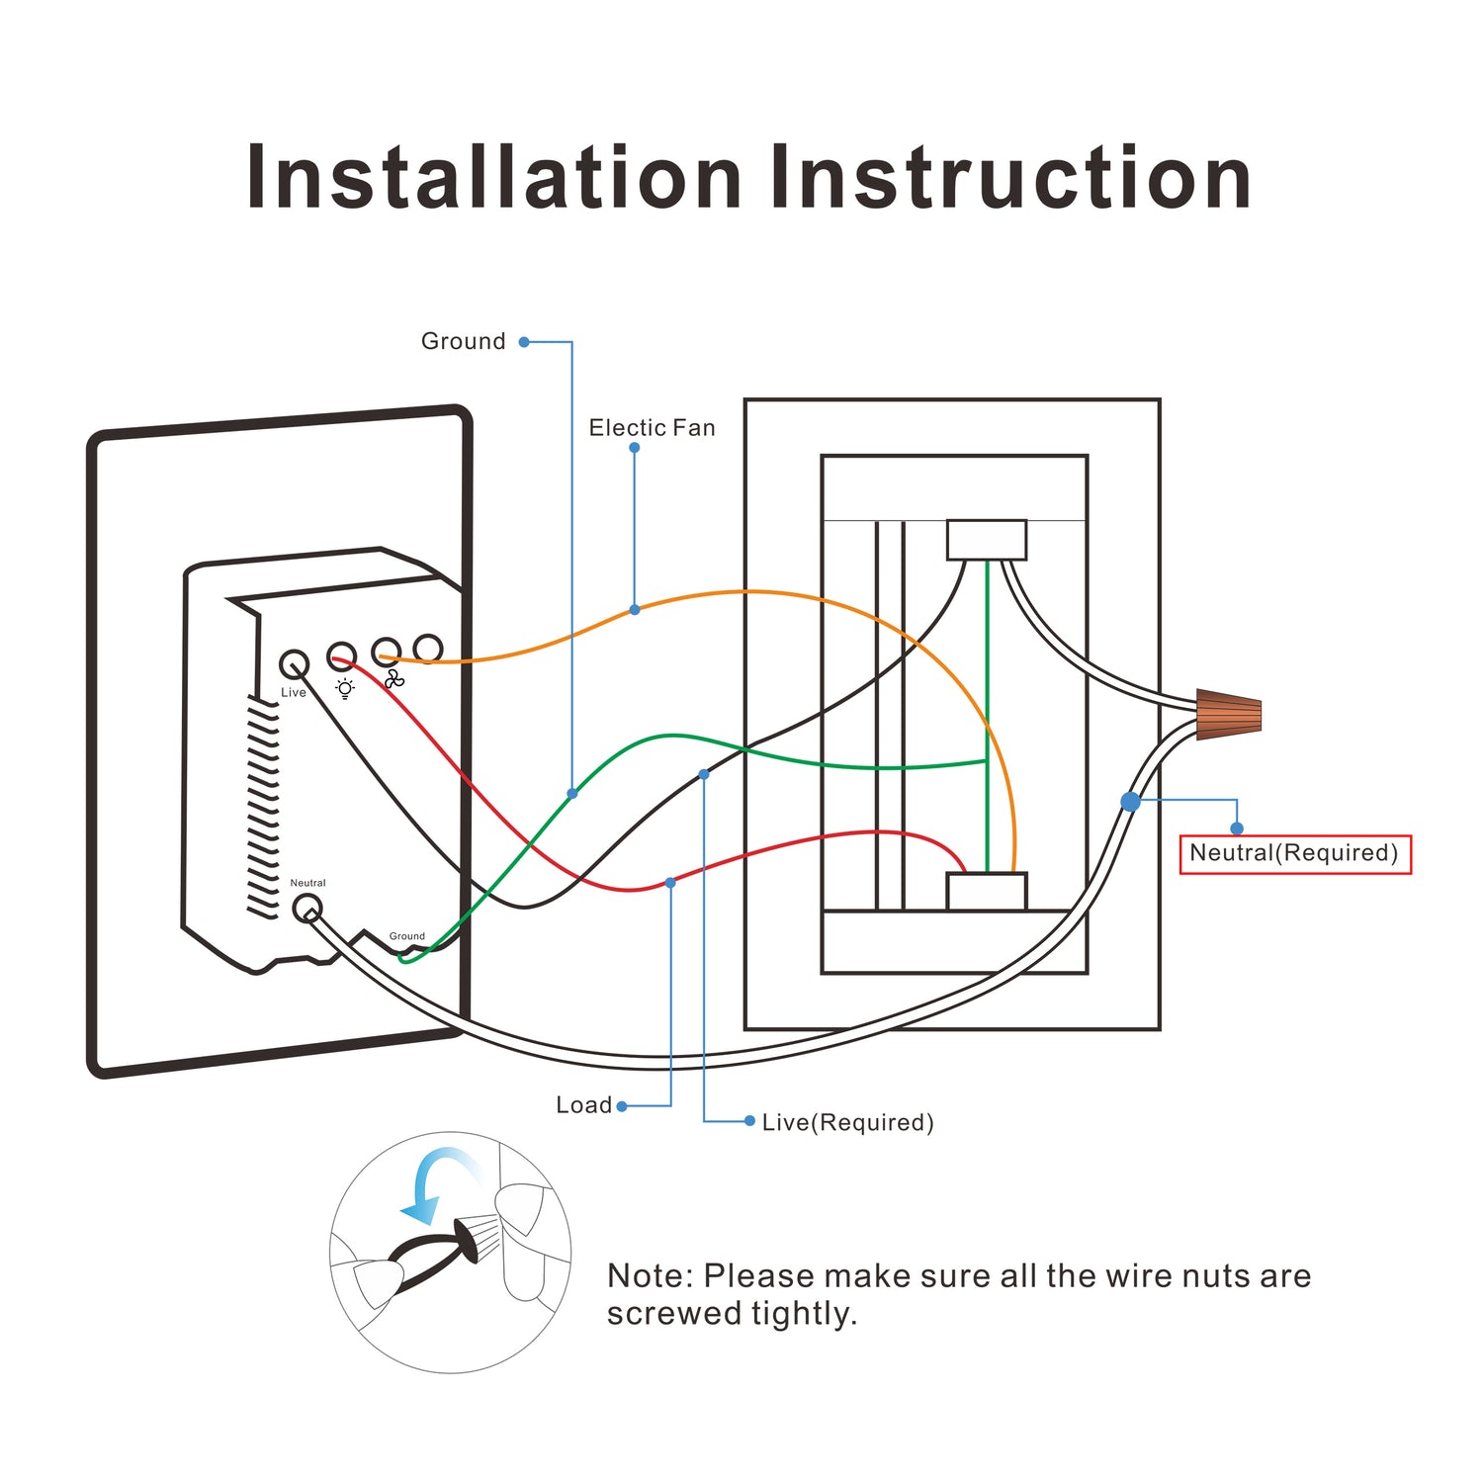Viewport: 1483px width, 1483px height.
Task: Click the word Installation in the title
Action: point(493,178)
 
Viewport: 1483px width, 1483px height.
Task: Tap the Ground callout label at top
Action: point(463,341)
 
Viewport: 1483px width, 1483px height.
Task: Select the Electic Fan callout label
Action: point(652,428)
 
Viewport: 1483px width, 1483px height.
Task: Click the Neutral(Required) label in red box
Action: point(1294,853)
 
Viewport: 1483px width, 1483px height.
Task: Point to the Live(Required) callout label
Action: point(847,1122)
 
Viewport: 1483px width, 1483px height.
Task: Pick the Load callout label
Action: point(583,1105)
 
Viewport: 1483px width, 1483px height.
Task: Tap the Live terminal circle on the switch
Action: point(294,663)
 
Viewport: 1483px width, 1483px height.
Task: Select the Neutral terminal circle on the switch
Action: point(307,907)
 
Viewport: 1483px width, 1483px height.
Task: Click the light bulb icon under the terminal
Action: point(344,688)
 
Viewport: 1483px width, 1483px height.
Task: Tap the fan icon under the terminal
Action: point(394,679)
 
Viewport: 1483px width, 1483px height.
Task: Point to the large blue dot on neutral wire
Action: point(1130,801)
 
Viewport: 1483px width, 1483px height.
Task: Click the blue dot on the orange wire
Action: point(635,610)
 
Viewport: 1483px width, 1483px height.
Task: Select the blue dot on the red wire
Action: point(670,882)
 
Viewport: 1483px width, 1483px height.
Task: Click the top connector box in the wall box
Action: point(986,540)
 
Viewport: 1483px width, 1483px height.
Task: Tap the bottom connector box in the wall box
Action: point(986,891)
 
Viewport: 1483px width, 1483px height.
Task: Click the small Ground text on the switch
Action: point(406,935)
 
